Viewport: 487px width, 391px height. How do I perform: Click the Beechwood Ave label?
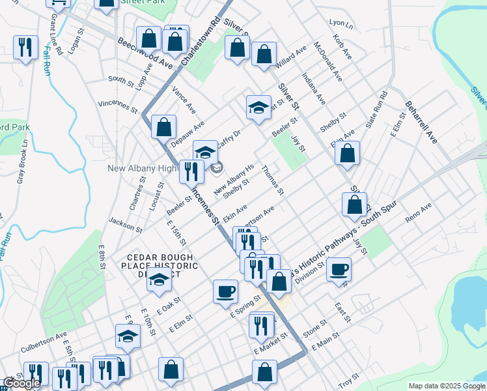pyautogui.click(x=145, y=53)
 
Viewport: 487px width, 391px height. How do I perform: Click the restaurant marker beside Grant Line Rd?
pyautogui.click(x=25, y=47)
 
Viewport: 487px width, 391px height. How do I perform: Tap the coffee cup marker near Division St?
pyautogui.click(x=338, y=268)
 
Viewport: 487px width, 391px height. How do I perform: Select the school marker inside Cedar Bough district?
pyautogui.click(x=160, y=280)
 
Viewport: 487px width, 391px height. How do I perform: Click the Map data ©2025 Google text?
pyautogui.click(x=447, y=386)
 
